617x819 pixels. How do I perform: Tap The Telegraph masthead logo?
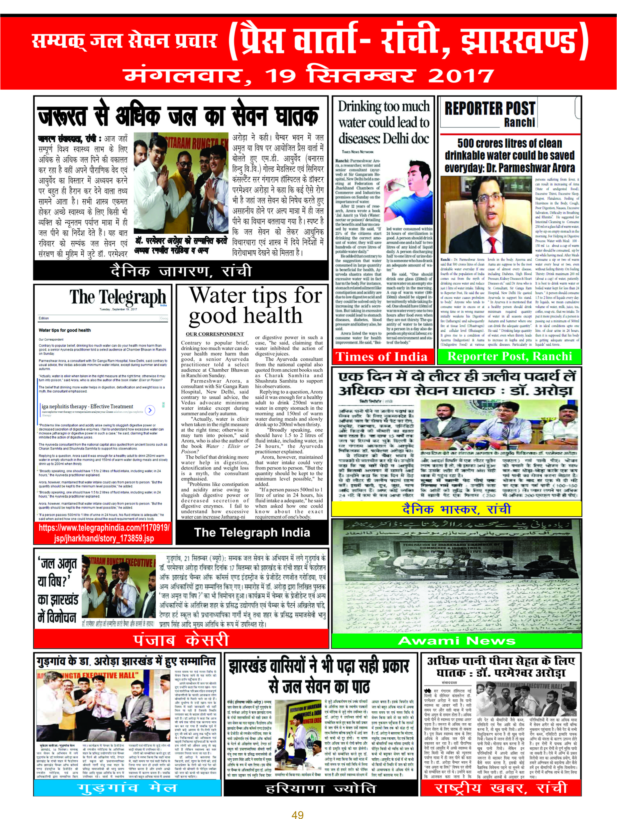point(117,297)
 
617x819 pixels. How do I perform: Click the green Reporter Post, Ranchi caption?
point(510,357)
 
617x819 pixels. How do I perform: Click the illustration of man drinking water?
point(407,193)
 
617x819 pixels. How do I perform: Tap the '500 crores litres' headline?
point(510,155)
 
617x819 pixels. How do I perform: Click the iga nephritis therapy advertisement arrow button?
point(150,410)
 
